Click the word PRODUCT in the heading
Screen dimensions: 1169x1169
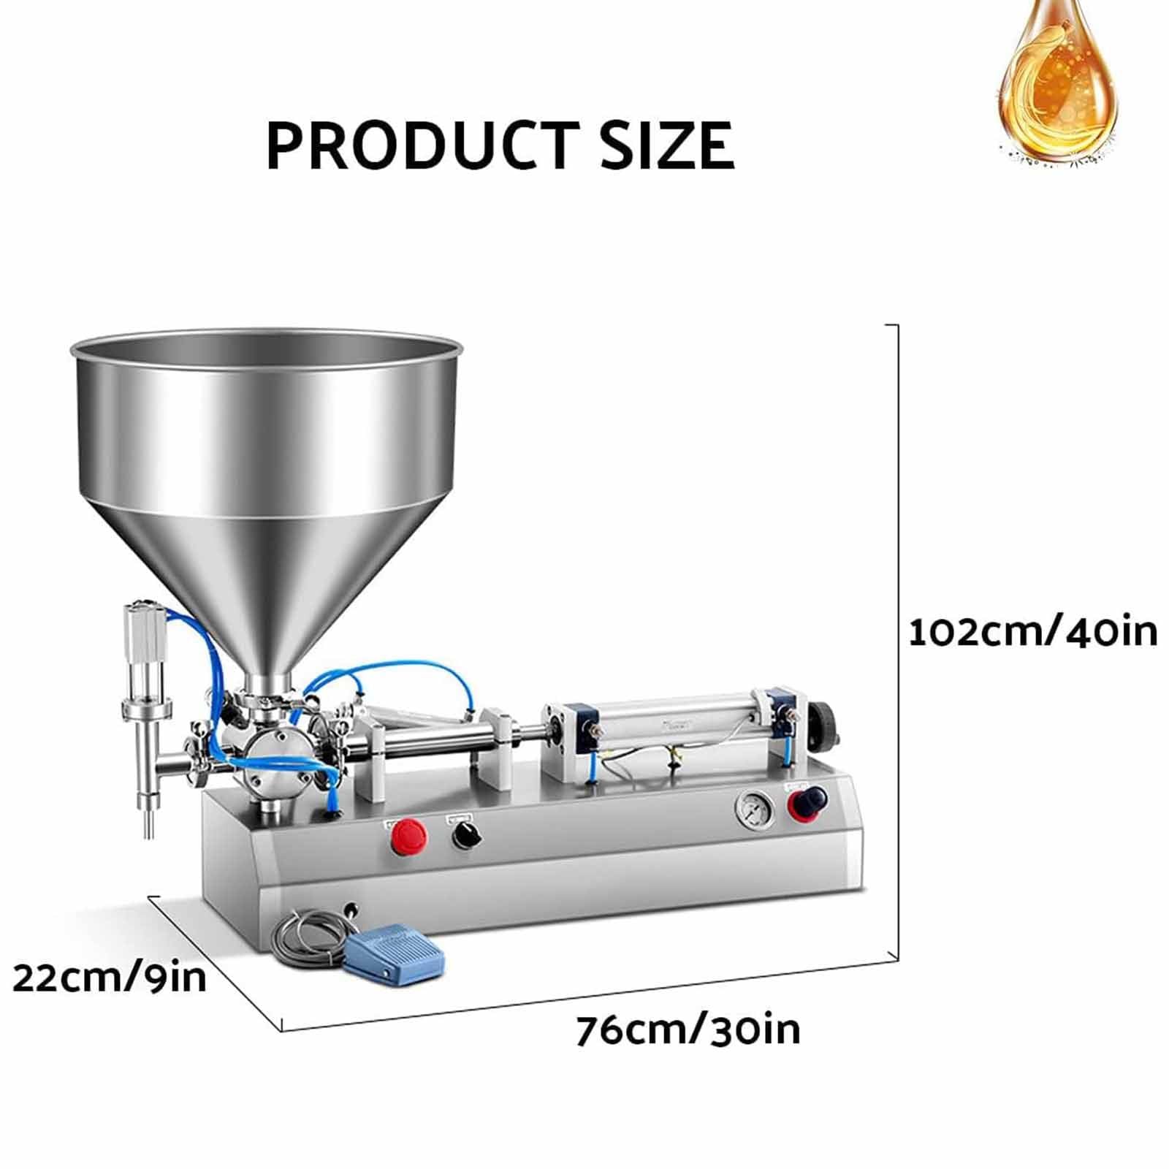coord(417,145)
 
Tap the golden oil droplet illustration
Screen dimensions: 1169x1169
coord(1056,80)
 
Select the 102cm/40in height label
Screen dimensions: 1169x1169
coord(1032,633)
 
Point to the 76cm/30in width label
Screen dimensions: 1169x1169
coord(688,1031)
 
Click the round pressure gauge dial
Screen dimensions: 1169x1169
coord(754,810)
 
